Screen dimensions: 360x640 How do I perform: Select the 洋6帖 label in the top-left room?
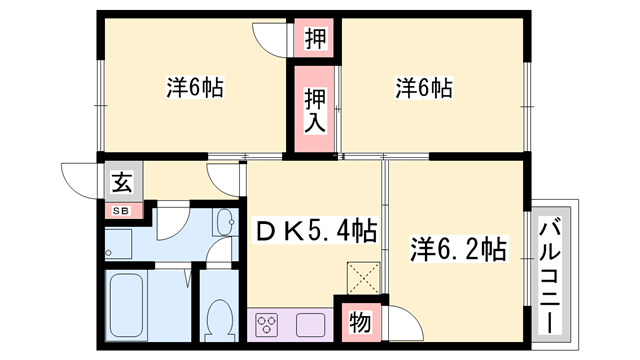194,88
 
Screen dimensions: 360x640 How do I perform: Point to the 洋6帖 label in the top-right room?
424,88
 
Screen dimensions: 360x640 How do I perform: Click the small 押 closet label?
314,40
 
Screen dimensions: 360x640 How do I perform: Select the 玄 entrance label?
121,183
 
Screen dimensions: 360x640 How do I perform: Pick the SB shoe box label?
120,210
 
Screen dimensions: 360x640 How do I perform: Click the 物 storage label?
358,322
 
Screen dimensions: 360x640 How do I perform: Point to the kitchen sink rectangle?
310,324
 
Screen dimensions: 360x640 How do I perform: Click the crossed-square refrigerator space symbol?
359,274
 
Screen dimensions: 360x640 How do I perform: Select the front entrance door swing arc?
78,178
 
